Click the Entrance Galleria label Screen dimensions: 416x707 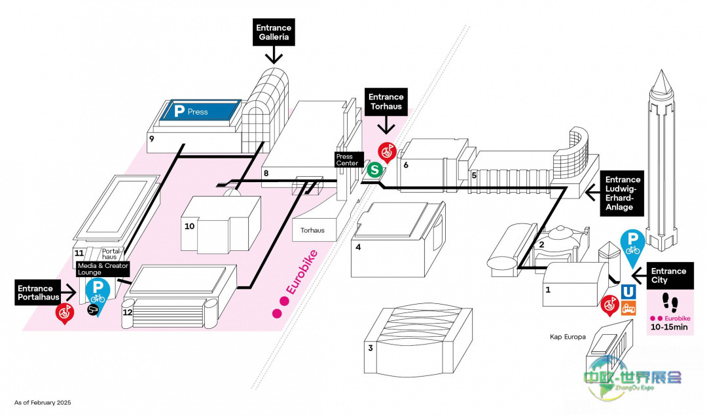pyautogui.click(x=274, y=33)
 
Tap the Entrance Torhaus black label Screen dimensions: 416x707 pyautogui.click(x=386, y=102)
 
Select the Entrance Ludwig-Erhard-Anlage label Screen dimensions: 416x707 pyautogui.click(x=623, y=193)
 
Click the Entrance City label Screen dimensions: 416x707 pyautogui.click(x=668, y=276)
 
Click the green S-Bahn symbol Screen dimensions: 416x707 pyautogui.click(x=374, y=170)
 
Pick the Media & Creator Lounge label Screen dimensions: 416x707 pyautogui.click(x=103, y=268)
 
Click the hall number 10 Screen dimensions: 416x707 pyautogui.click(x=190, y=226)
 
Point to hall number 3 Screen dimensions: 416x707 pyautogui.click(x=371, y=348)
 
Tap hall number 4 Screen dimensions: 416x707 pyautogui.click(x=358, y=247)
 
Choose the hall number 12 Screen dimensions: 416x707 pyautogui.click(x=128, y=312)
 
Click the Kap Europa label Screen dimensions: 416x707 pyautogui.click(x=568, y=337)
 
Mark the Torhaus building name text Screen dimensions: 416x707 pyautogui.click(x=312, y=230)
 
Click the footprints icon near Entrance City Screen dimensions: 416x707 pyautogui.click(x=668, y=303)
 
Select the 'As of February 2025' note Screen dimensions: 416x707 pyautogui.click(x=43, y=402)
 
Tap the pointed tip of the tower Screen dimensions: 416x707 pyautogui.click(x=659, y=71)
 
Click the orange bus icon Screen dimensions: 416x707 pyautogui.click(x=628, y=308)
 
